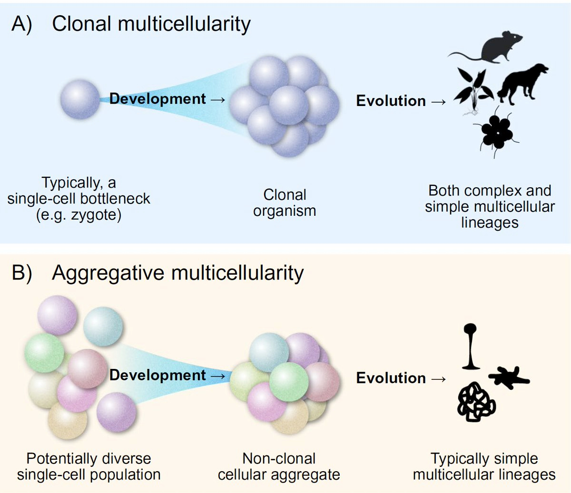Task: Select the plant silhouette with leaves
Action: tap(471, 88)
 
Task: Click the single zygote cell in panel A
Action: tap(80, 99)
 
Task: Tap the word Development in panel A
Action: tap(158, 99)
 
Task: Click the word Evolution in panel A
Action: tap(391, 101)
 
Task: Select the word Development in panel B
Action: tap(158, 375)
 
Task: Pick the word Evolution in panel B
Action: tap(391, 378)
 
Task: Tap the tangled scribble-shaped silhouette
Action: tap(476, 402)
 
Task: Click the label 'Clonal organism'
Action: tap(285, 203)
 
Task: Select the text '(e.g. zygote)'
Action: tap(79, 215)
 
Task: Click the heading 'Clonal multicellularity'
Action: tap(151, 24)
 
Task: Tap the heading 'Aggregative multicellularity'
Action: tap(177, 273)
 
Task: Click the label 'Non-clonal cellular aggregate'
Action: tap(279, 466)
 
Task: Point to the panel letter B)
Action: tap(22, 273)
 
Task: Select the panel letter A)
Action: tap(22, 24)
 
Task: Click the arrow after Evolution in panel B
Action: tap(439, 378)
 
